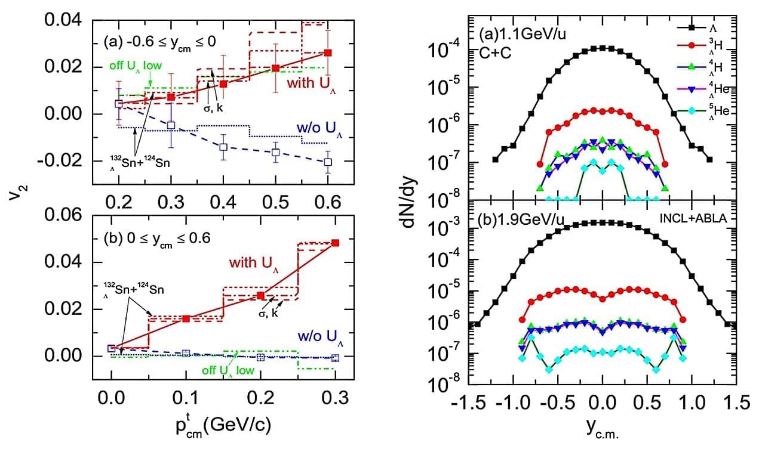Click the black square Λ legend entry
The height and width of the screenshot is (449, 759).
point(690,26)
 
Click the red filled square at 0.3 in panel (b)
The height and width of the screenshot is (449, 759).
point(335,243)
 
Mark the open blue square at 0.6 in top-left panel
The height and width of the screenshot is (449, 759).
point(327,162)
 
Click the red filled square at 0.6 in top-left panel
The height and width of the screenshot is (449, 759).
point(327,52)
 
